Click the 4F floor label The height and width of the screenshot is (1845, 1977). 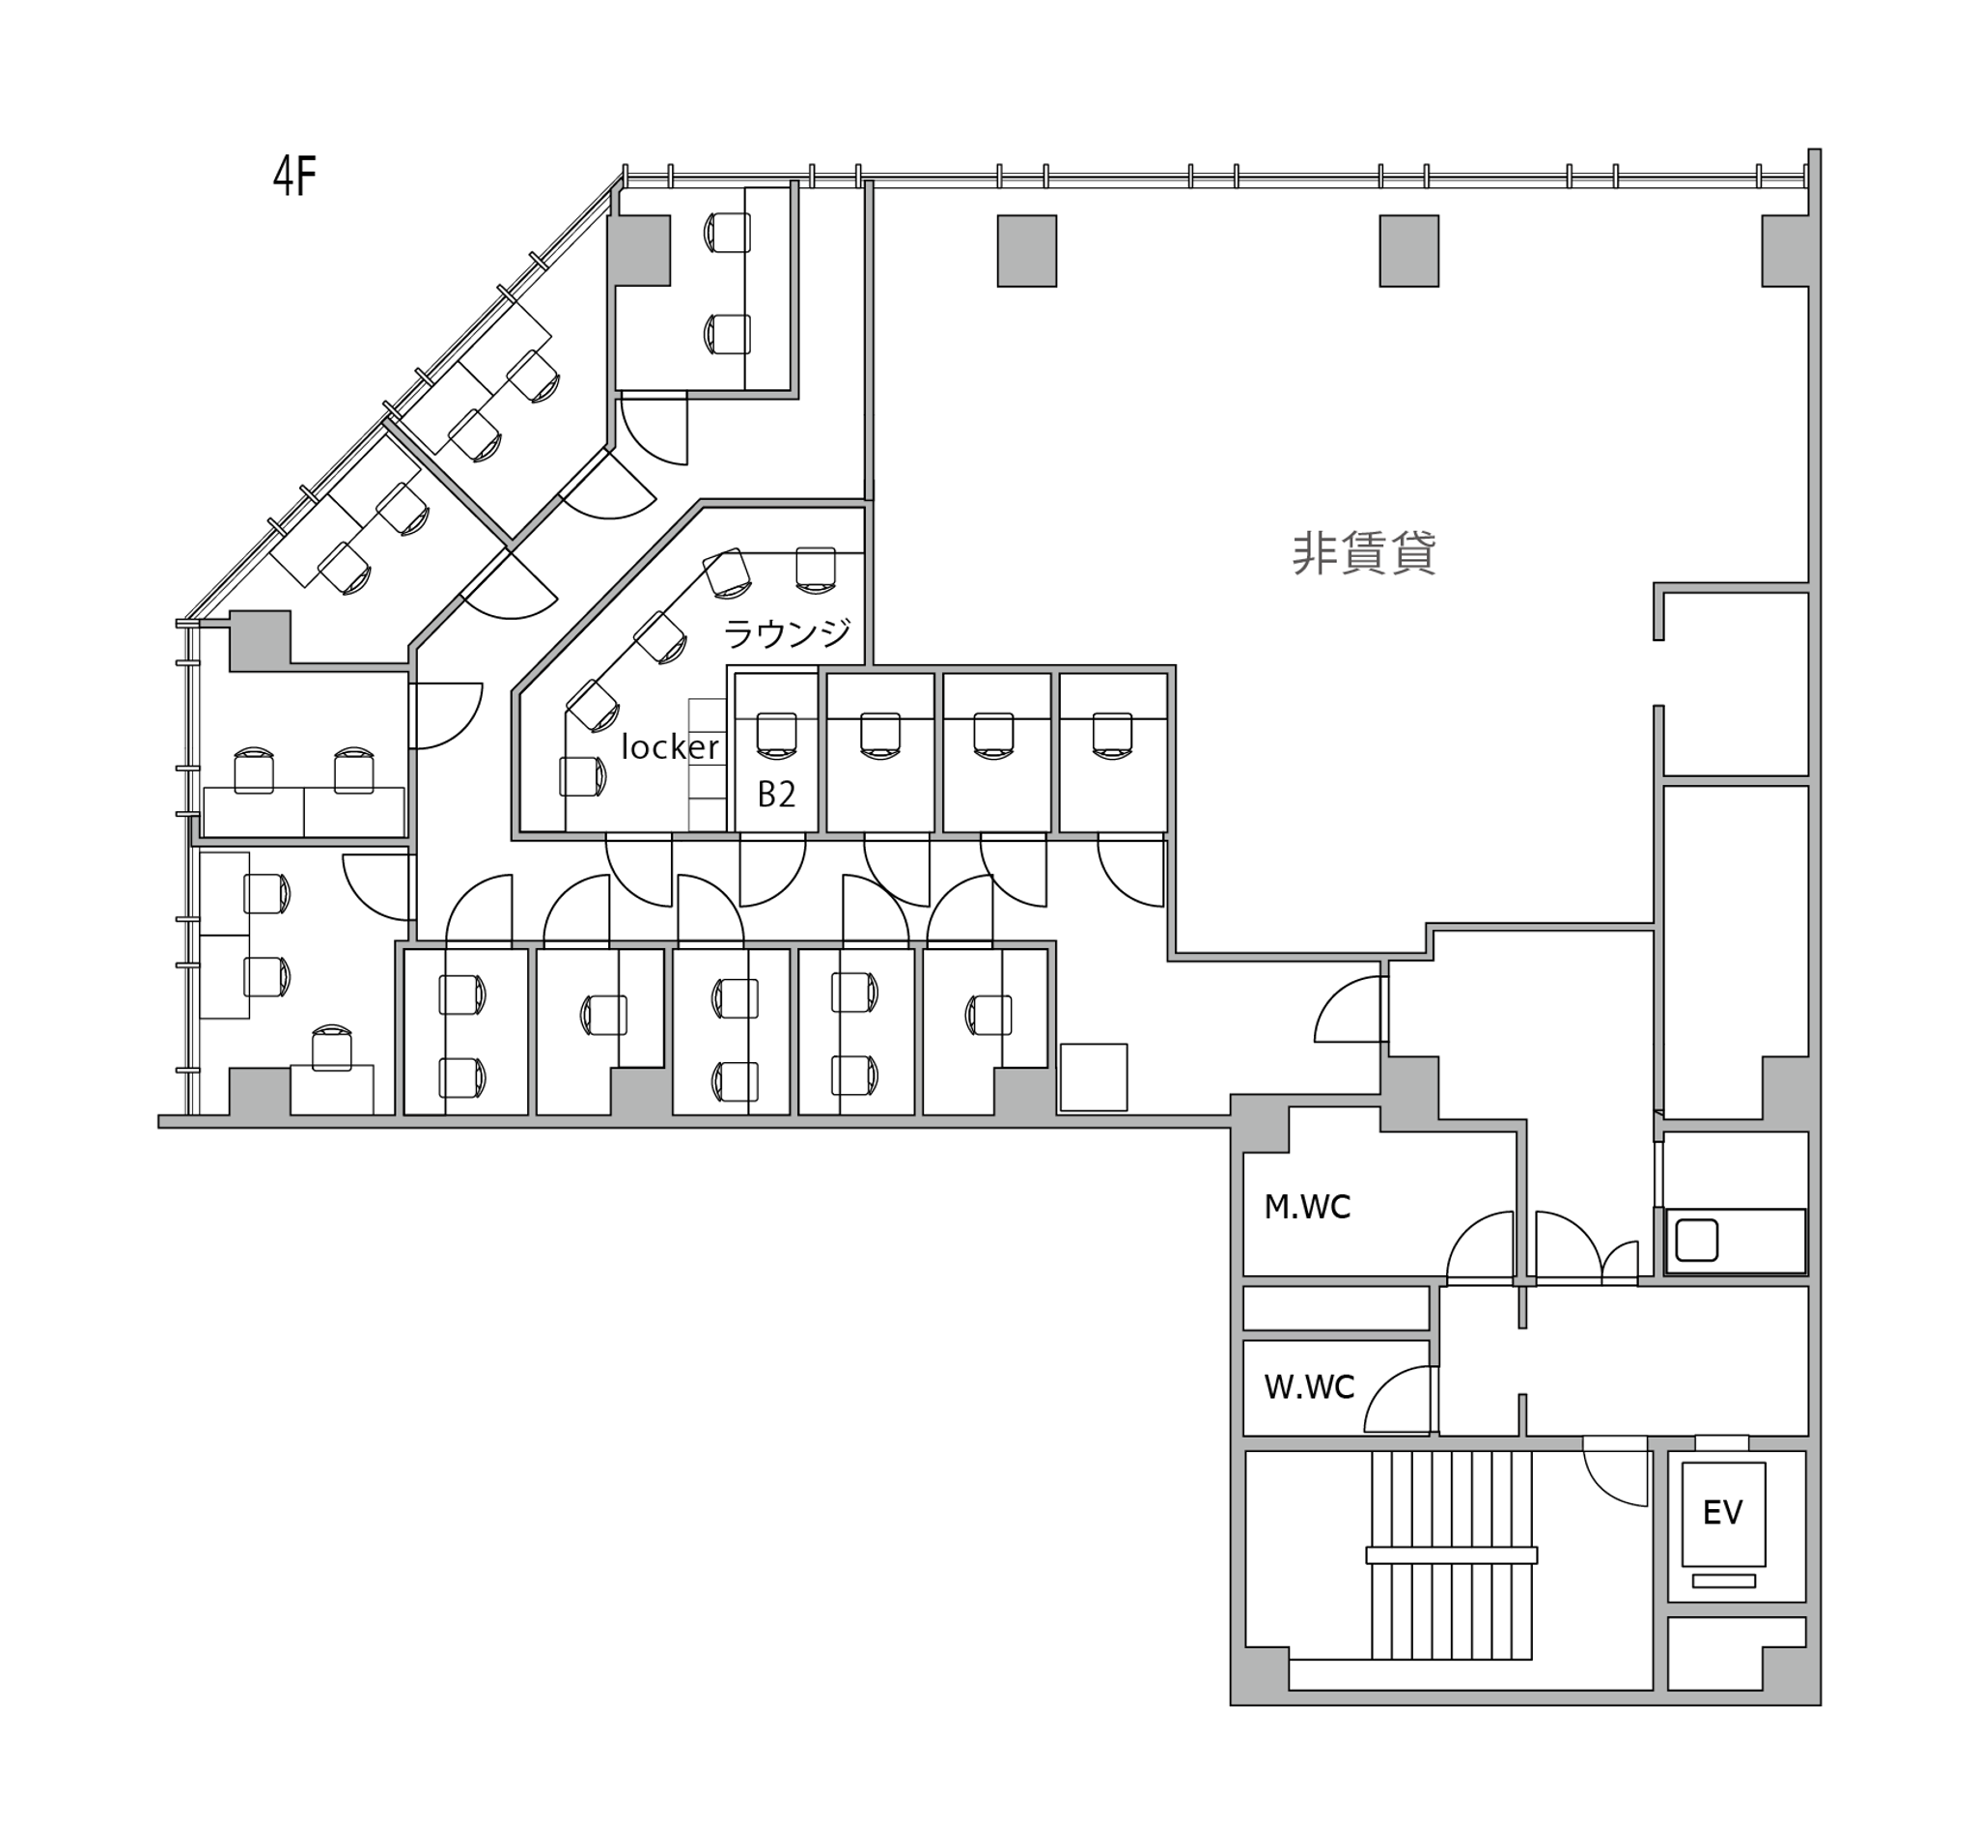(294, 177)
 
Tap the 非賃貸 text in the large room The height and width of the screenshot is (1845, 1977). (1363, 553)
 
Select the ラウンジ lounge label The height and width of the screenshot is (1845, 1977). (787, 632)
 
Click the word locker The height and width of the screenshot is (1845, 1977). (669, 746)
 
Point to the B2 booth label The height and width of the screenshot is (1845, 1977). (777, 793)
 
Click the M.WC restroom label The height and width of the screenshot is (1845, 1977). (1307, 1207)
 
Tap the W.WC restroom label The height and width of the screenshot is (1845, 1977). (1309, 1386)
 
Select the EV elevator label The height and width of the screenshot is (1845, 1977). (1722, 1513)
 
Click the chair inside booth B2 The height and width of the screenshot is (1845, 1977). (777, 735)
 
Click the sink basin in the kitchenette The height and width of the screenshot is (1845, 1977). (1696, 1240)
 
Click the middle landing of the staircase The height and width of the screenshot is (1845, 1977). (1451, 1555)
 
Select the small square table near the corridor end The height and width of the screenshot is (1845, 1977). (1093, 1076)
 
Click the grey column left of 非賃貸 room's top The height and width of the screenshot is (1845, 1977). (1026, 251)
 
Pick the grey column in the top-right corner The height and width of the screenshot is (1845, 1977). (1785, 251)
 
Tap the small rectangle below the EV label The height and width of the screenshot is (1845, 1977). (1723, 1580)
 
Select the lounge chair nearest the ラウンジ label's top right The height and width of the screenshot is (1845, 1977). (816, 571)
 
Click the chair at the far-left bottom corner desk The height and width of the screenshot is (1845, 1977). (331, 1048)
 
